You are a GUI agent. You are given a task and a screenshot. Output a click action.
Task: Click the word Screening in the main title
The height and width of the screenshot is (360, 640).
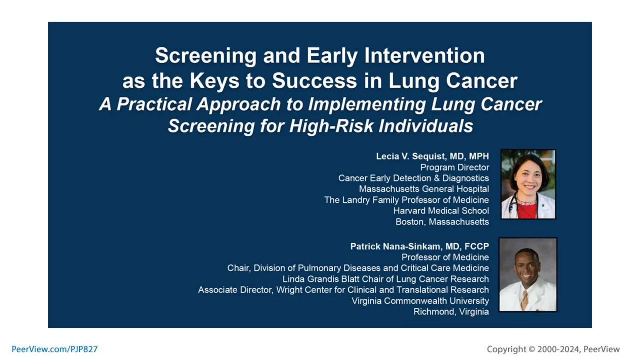coord(206,56)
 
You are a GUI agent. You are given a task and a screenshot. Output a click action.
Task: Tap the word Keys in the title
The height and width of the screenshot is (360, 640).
coord(215,81)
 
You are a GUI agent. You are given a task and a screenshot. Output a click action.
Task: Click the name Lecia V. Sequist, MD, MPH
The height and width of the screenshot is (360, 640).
coord(432,156)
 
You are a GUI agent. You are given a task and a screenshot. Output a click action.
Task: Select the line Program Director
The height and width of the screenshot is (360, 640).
coord(454,167)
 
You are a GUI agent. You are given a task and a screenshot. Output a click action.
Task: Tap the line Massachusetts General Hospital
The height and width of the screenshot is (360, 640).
coord(424,189)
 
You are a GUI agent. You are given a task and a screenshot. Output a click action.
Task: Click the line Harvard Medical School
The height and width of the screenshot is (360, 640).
coord(441,211)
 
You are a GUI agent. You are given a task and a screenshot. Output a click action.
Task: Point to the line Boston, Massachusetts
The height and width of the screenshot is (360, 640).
coord(442,222)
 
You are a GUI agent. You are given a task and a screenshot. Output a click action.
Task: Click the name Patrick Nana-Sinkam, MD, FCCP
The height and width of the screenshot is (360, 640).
coord(419,247)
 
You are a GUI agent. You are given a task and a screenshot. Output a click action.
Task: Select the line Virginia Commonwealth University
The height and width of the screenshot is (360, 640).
coord(420,301)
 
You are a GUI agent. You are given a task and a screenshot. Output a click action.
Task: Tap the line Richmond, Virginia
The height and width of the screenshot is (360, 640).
coord(451,312)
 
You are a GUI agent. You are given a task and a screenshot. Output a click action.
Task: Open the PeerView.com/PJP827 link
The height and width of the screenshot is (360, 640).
coord(55,349)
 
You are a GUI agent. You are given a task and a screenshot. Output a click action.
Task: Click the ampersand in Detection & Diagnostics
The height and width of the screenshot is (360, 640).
coord(437,178)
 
